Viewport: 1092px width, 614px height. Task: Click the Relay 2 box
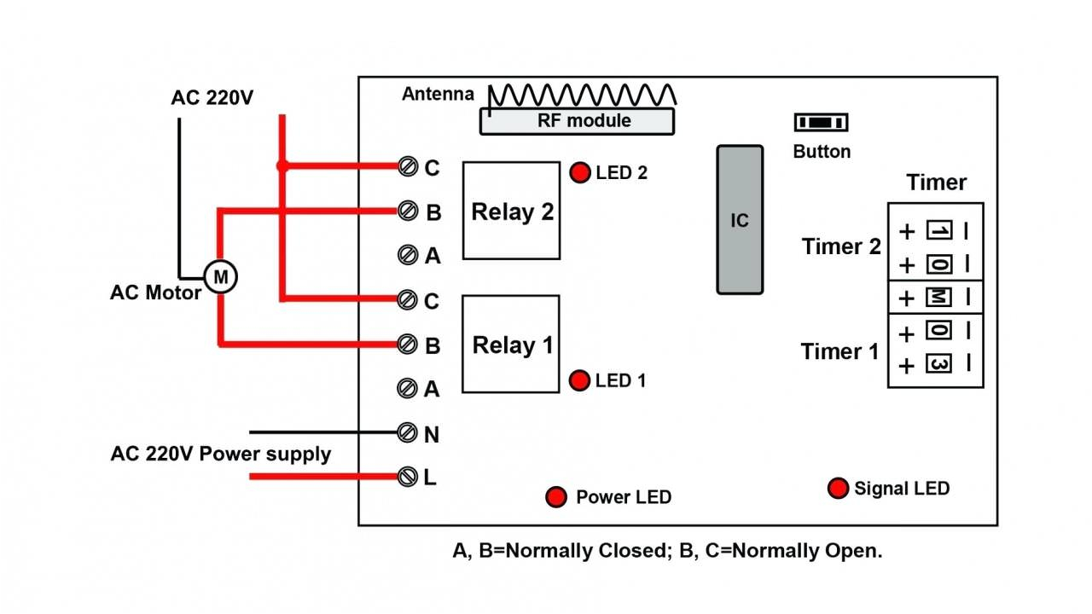(x=512, y=211)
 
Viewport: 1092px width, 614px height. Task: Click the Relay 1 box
(x=511, y=345)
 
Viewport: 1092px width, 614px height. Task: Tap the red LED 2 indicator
(x=580, y=172)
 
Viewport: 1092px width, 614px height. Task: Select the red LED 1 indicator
(x=580, y=380)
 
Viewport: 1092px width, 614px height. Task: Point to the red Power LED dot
(x=556, y=496)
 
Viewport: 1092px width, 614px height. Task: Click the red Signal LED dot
(x=839, y=488)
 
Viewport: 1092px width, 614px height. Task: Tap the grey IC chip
(x=739, y=220)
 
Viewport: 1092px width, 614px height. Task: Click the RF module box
(x=577, y=121)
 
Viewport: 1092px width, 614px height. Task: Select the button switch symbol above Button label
(x=821, y=123)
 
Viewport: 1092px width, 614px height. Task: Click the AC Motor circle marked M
(x=220, y=276)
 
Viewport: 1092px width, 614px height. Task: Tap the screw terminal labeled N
(x=408, y=433)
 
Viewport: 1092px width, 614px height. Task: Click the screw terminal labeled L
(x=408, y=477)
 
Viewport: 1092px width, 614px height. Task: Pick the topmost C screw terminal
(x=408, y=167)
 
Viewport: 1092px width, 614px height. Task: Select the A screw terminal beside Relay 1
(x=408, y=388)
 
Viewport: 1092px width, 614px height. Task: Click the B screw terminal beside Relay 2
(x=408, y=210)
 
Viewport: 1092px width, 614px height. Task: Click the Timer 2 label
(x=841, y=246)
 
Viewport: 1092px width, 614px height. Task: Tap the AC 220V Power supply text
(x=220, y=454)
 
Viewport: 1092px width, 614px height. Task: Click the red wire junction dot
(x=282, y=166)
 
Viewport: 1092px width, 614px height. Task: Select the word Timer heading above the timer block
(x=936, y=182)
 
